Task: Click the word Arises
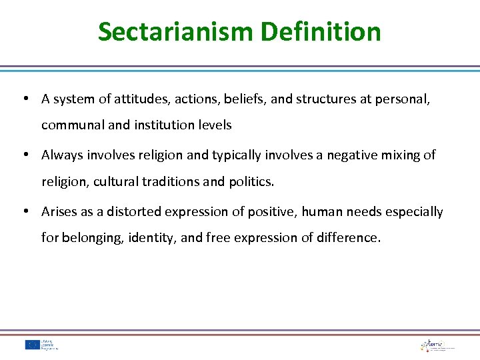[x=59, y=211]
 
